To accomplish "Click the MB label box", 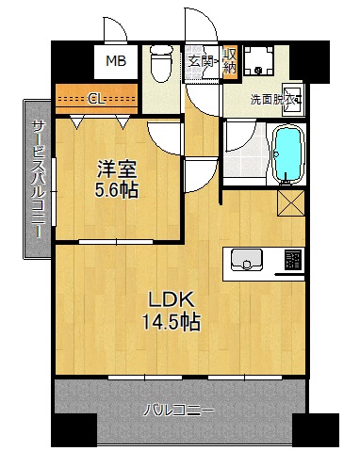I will tap(115, 63).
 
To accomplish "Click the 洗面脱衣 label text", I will tap(274, 99).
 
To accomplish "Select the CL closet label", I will tap(96, 97).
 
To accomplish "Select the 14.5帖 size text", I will tap(171, 323).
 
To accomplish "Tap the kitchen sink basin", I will tap(246, 259).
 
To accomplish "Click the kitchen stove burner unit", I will tap(292, 259).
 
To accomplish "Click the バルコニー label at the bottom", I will tap(179, 411).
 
